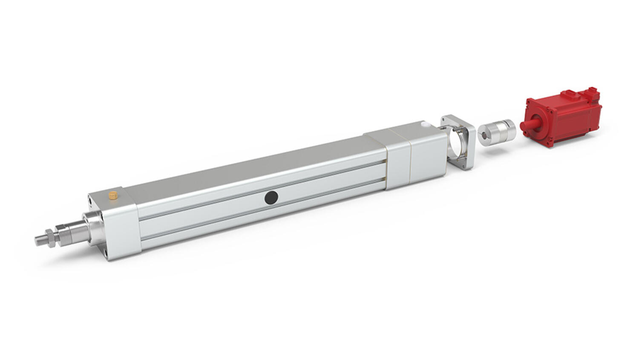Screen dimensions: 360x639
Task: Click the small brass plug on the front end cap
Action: click(113, 196)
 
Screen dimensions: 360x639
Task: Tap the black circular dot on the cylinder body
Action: click(271, 197)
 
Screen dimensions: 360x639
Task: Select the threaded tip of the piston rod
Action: click(41, 238)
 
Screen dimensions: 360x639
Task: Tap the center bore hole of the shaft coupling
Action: click(484, 136)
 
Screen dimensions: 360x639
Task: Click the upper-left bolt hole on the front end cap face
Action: click(90, 198)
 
